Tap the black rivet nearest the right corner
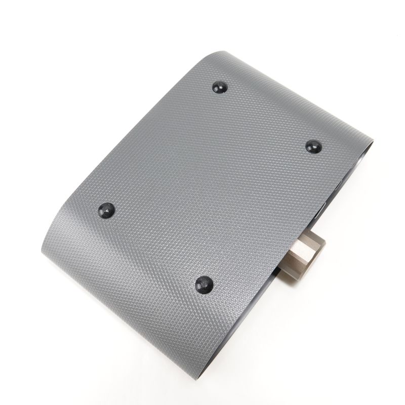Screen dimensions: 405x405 coord(312,146)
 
